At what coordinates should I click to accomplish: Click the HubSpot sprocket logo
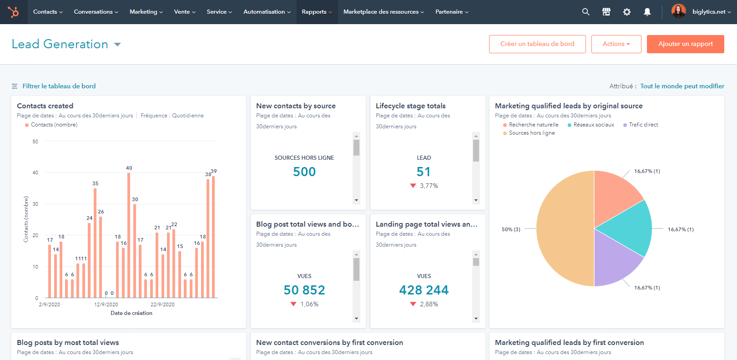(13, 12)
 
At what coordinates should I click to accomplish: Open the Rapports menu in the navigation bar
(317, 12)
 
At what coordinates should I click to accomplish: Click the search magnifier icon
(586, 12)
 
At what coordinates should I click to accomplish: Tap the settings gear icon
(627, 12)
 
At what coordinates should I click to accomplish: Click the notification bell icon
(647, 12)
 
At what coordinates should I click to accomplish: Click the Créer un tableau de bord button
(537, 44)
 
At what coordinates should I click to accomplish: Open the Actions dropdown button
(616, 44)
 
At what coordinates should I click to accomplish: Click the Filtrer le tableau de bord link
(59, 86)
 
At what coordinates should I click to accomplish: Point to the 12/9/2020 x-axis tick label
(106, 304)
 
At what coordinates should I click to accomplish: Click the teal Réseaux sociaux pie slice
(628, 228)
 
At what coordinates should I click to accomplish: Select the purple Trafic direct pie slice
(614, 259)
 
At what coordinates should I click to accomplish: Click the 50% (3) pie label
(511, 229)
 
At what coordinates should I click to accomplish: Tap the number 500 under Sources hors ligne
(304, 172)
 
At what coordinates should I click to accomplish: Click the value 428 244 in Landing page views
(424, 290)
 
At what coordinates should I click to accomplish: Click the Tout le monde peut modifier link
(682, 86)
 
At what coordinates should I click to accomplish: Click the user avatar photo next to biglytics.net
(678, 11)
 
